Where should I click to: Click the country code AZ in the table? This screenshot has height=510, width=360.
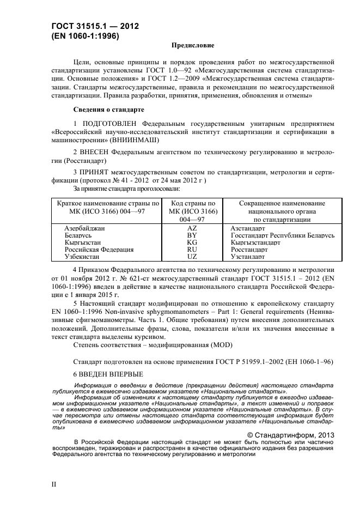192,229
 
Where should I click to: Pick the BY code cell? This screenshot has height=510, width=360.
192,235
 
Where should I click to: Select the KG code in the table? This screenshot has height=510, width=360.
192,242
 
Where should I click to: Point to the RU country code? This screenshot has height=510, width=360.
192,249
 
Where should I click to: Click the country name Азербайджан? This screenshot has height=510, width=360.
85,229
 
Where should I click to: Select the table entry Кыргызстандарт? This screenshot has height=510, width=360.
255,242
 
